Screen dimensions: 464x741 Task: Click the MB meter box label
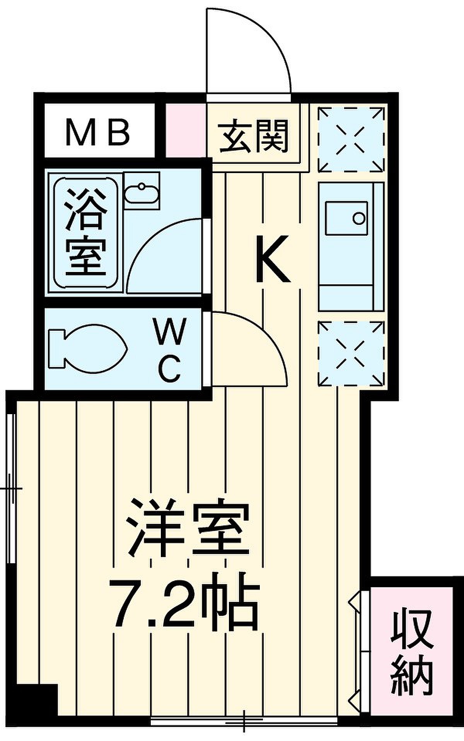[97, 132]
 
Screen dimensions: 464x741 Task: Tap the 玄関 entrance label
[254, 136]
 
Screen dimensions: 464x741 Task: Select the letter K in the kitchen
[273, 259]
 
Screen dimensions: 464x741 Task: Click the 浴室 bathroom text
[85, 232]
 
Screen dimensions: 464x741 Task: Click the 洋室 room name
[189, 527]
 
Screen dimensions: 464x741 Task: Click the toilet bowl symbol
[87, 349]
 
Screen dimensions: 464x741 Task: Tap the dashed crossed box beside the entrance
[351, 139]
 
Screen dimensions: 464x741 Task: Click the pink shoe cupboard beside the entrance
[186, 130]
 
